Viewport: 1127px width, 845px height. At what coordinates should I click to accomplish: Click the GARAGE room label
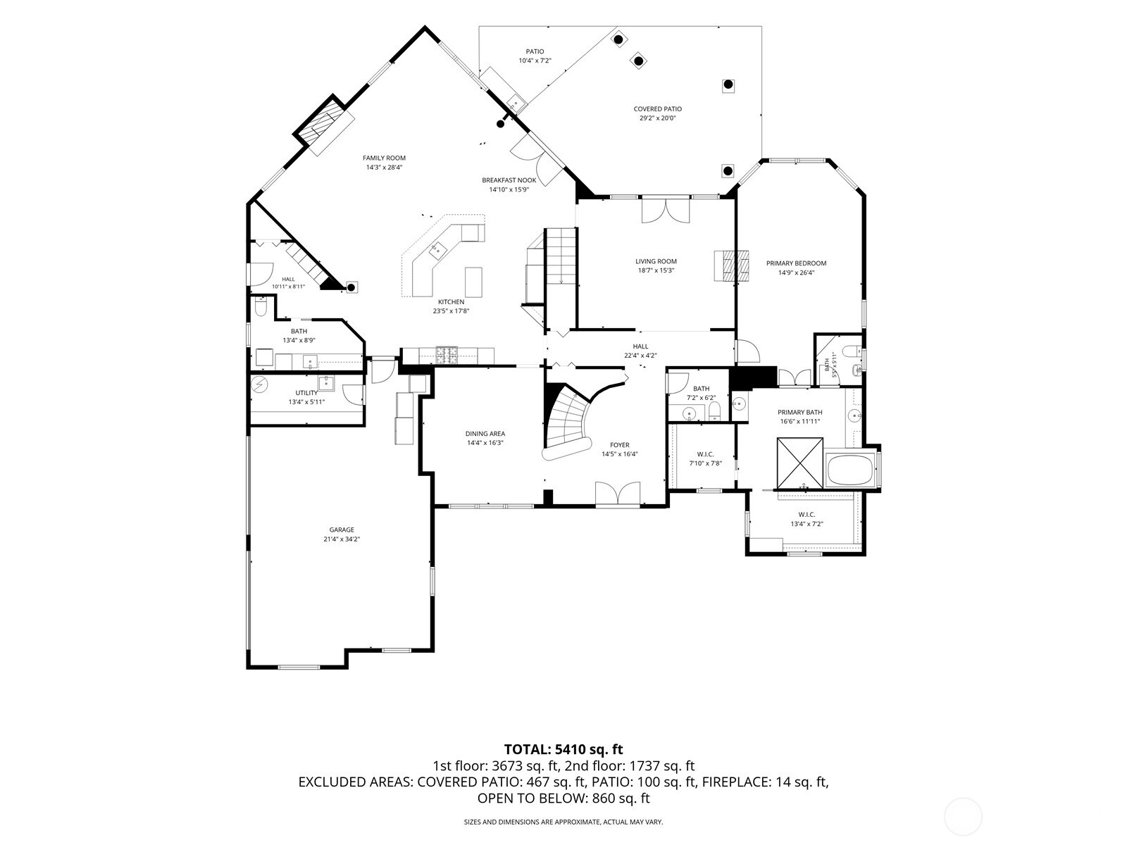coord(342,530)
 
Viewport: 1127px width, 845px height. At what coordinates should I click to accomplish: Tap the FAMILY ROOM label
coord(384,158)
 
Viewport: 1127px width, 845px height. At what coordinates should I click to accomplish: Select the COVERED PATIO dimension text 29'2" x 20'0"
coord(657,118)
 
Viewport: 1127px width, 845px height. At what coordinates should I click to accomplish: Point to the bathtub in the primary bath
coord(849,469)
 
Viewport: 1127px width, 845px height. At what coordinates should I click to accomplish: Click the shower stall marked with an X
coord(799,463)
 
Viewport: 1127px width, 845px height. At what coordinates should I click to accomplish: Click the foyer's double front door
coord(618,494)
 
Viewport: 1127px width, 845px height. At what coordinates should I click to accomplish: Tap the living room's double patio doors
coord(666,211)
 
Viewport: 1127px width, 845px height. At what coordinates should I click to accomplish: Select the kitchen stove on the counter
coord(446,356)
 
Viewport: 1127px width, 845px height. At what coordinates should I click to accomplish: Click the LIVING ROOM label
coord(656,261)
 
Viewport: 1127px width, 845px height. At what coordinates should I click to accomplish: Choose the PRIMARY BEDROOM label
coord(797,263)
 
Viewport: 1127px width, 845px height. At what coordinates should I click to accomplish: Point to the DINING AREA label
coord(485,434)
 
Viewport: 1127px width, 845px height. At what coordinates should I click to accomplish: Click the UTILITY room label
coord(306,393)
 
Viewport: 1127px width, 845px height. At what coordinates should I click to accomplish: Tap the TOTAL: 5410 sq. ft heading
coord(563,749)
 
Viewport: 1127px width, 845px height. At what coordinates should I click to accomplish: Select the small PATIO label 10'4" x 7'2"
coord(535,56)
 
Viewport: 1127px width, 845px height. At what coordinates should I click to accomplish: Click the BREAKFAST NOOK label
coord(509,180)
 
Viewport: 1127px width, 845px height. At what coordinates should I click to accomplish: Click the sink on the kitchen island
coord(437,249)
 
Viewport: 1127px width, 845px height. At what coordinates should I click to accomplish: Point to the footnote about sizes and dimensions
coord(563,822)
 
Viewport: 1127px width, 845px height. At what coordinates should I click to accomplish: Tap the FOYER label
coord(620,445)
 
